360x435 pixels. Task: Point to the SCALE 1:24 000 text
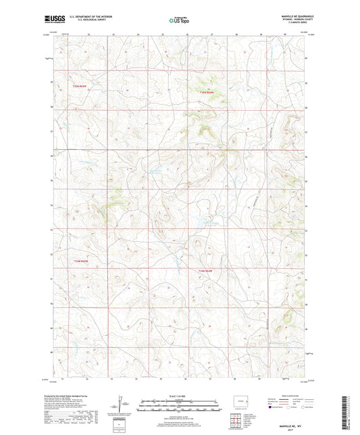(x=178, y=396)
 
